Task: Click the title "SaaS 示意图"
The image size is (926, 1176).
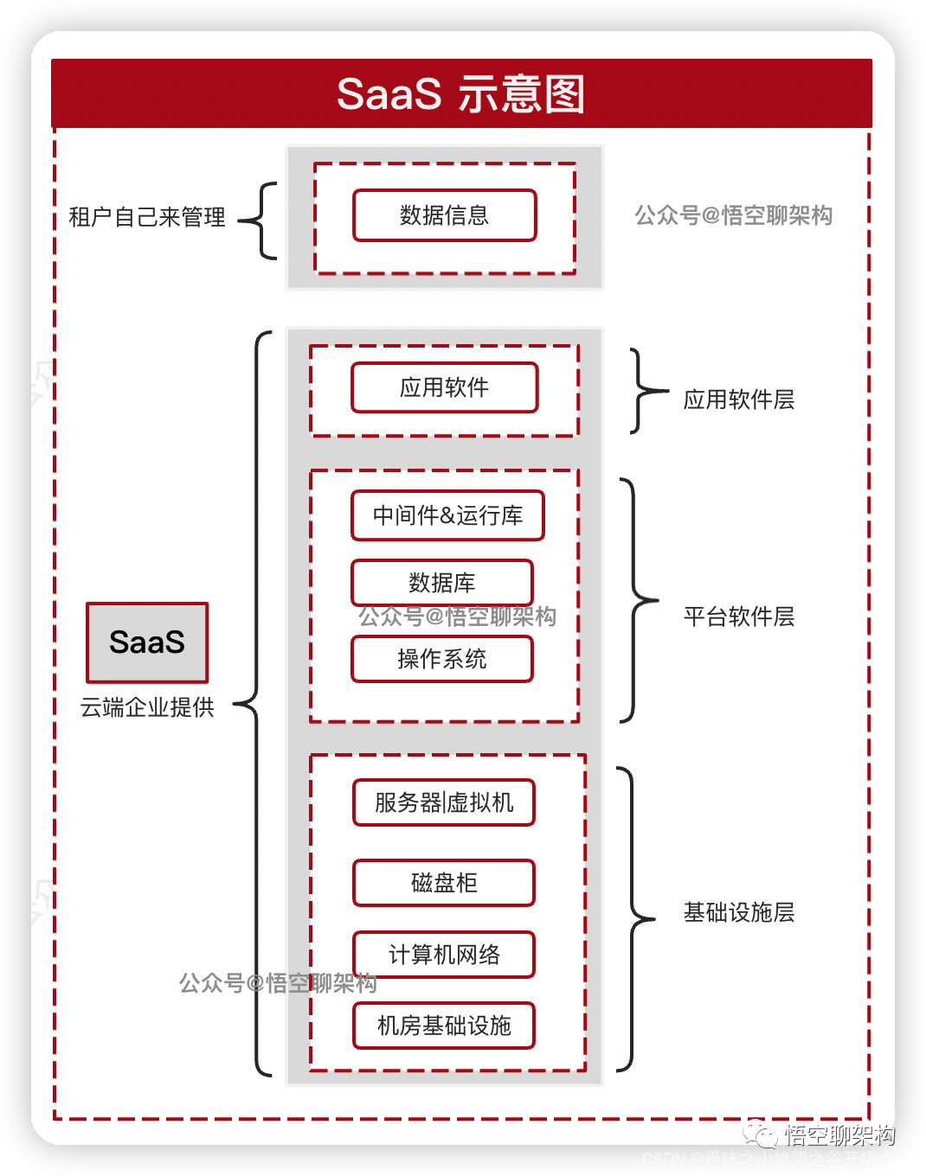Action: pos(461,94)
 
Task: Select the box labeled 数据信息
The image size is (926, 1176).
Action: pos(445,215)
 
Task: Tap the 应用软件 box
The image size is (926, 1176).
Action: pos(445,387)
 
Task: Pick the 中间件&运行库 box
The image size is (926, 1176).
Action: pos(447,515)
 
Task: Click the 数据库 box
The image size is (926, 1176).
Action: pos(442,582)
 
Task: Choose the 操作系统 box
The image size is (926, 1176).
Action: pos(442,659)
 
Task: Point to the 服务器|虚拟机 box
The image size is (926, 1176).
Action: pos(444,802)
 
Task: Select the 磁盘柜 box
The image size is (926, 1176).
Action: pos(444,883)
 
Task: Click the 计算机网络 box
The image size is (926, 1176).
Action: pos(444,955)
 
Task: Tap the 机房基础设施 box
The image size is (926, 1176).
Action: pos(444,1026)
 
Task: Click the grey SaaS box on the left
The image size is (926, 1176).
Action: pos(147,642)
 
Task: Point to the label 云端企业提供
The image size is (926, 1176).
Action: pos(147,707)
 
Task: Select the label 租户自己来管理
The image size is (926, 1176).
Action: pos(147,217)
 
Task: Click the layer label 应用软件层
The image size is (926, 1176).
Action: pos(739,399)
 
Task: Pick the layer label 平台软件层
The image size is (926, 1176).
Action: pos(739,617)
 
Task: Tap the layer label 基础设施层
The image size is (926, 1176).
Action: pos(739,912)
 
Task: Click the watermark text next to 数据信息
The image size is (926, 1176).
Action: pos(734,215)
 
